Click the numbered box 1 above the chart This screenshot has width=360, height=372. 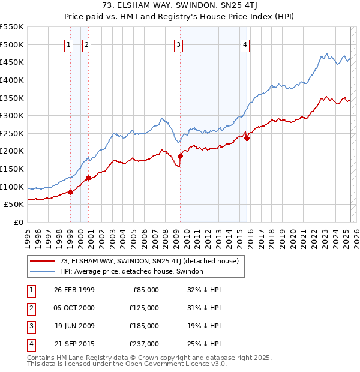(70, 44)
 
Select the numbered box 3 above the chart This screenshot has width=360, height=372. (179, 44)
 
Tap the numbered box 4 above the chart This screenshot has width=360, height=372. (246, 44)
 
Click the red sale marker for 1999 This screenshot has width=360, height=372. (70, 192)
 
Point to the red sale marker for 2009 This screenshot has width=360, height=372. (180, 156)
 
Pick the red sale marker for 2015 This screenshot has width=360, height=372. (247, 137)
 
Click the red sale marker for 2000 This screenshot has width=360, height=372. (88, 178)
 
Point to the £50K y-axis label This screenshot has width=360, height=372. (14, 204)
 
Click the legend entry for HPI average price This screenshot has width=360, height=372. (131, 272)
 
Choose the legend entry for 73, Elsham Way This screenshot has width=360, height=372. (149, 261)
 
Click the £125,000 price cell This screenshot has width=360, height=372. (144, 308)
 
